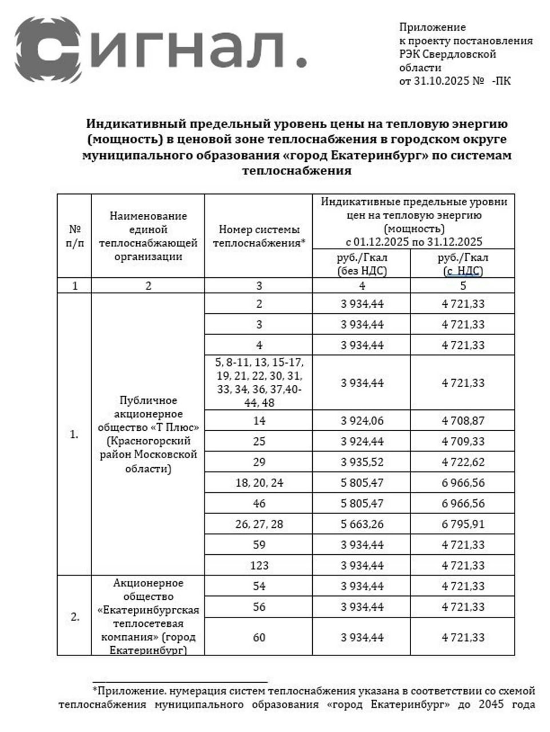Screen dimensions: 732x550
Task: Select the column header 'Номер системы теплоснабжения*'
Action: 259,236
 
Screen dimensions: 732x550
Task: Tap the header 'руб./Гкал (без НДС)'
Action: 362,264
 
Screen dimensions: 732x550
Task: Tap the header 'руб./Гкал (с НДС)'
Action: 463,264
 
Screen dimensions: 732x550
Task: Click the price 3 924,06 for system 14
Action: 362,421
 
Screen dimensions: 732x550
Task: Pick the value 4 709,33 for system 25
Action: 463,441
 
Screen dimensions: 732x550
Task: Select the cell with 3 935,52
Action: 362,462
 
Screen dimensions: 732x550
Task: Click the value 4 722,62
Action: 463,462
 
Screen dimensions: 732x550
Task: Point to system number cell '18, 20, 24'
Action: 259,483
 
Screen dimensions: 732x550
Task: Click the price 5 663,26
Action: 362,524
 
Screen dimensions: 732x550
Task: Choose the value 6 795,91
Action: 463,524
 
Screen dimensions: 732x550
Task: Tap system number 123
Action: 259,566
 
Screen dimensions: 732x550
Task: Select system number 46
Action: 259,503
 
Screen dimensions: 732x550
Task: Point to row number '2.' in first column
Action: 75,617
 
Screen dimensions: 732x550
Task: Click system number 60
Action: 259,637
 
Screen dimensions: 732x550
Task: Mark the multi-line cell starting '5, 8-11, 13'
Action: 259,383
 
